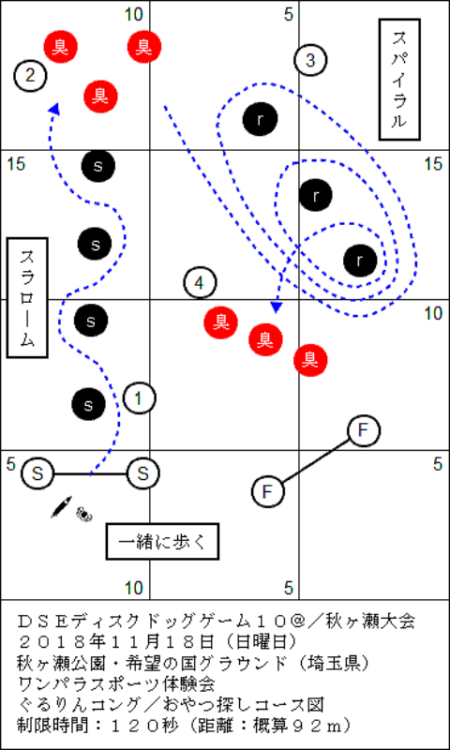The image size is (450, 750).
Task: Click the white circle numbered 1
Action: pos(139,397)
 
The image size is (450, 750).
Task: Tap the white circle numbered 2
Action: pos(30,76)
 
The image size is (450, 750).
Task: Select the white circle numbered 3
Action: pos(310,60)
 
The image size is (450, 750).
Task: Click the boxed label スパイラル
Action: pos(399,80)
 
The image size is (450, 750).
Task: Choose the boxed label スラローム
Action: pos(27,297)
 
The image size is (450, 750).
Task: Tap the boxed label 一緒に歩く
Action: pos(162,542)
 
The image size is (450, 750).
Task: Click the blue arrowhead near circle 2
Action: pos(55,109)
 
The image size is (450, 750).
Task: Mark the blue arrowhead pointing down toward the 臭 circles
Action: pos(276,307)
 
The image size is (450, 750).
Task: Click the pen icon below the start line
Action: pos(61,506)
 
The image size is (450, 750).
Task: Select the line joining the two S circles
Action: pos(90,474)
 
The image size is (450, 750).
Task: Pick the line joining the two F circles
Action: pos(317,461)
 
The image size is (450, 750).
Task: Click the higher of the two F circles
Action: pos(364,431)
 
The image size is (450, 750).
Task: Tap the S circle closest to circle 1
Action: pos(143,473)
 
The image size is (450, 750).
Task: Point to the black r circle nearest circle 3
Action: pos(260,119)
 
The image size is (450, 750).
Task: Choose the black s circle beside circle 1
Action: pos(88,405)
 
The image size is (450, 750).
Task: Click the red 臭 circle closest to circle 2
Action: pos(61,46)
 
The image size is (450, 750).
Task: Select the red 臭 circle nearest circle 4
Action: pos(221,322)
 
